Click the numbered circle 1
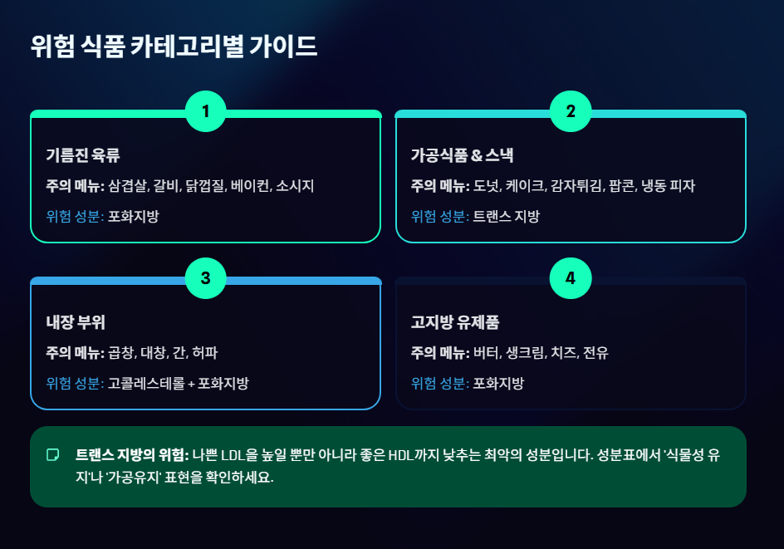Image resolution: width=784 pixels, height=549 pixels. point(206,111)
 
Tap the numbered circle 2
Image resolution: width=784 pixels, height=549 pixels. point(571,111)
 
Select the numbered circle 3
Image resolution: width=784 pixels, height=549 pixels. point(206,278)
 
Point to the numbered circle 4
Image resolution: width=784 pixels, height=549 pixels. point(571,278)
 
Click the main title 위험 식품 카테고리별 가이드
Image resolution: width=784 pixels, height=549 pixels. point(174,46)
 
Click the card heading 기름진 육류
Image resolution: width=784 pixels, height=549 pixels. point(84,155)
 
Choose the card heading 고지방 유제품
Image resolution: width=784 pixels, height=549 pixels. point(455,322)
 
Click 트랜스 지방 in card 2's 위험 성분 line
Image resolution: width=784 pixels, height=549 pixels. point(506,217)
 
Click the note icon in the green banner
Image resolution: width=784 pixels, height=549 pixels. point(53,455)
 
